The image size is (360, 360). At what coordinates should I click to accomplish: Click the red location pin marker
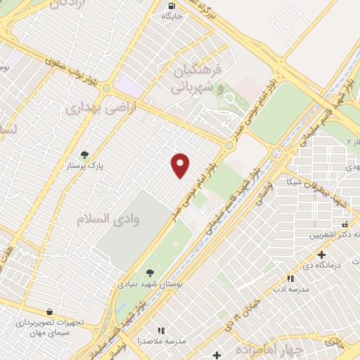180,165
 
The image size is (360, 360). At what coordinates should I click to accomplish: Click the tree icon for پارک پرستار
85,155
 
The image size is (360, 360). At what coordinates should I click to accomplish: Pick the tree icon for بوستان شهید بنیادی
149,272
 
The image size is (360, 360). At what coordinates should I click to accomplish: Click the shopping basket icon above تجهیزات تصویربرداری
49,311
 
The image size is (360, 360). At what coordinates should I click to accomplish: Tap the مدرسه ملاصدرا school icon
161,330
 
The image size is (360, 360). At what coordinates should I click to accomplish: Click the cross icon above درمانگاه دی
321,255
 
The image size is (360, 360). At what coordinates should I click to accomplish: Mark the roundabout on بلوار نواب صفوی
106,89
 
